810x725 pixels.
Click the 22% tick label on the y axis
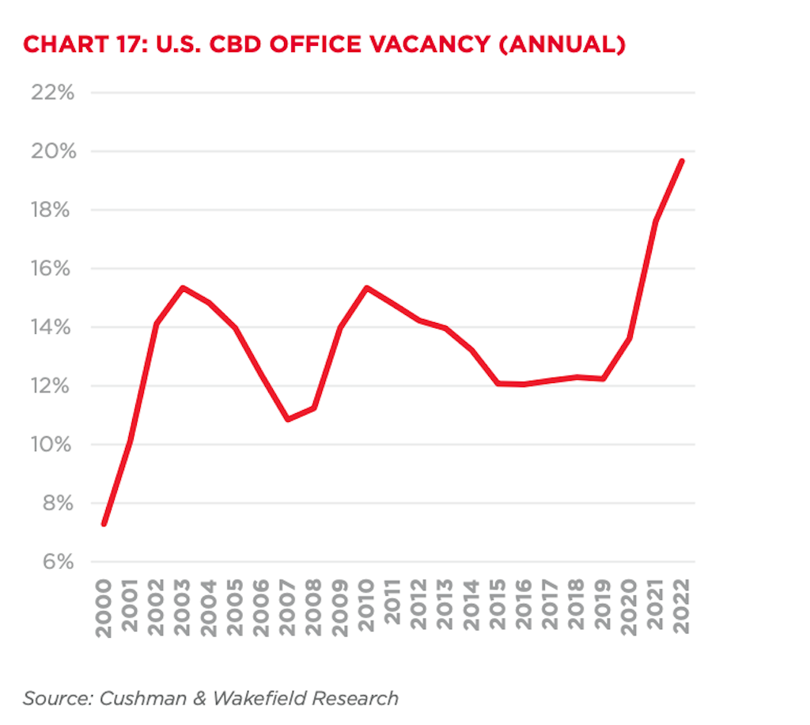(x=52, y=93)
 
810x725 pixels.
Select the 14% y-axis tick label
(x=53, y=328)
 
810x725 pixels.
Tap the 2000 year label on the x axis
(x=104, y=608)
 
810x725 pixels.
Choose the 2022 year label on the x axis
(x=681, y=608)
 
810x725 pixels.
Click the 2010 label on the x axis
(x=366, y=608)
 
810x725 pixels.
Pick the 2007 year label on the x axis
(x=288, y=608)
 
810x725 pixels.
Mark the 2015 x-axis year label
(x=498, y=608)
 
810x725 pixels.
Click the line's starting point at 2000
(x=104, y=524)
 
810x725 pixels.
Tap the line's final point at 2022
(x=681, y=161)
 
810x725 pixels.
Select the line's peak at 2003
(x=183, y=288)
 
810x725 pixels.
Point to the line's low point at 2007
(x=288, y=419)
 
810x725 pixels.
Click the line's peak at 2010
(x=366, y=288)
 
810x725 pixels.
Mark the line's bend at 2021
(x=656, y=221)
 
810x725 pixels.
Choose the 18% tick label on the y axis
(x=53, y=211)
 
